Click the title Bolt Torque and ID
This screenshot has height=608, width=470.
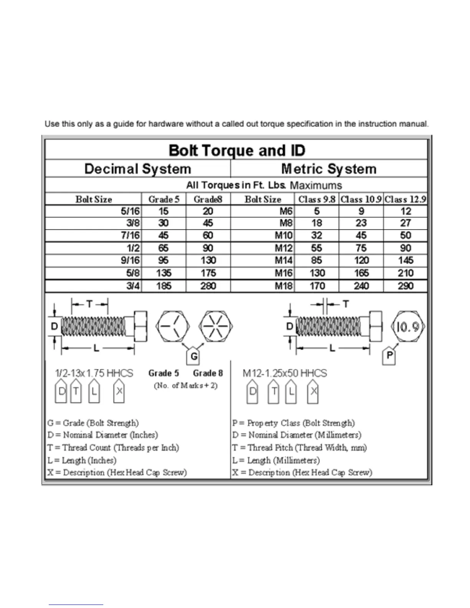click(x=237, y=150)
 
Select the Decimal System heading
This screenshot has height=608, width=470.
click(x=137, y=169)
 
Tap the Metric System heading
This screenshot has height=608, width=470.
click(x=329, y=169)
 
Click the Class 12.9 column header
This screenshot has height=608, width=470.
click(x=405, y=199)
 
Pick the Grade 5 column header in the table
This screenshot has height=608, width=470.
click(x=164, y=199)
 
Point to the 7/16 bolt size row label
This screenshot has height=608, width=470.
click(x=131, y=235)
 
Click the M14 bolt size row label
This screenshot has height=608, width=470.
click(x=283, y=261)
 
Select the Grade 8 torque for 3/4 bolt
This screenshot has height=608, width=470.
click(x=208, y=286)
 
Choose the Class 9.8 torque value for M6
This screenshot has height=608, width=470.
click(x=317, y=211)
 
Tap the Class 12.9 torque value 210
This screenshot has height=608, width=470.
click(x=405, y=273)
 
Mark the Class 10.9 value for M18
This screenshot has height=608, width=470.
click(x=361, y=286)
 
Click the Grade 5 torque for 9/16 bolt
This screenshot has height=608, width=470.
click(x=164, y=261)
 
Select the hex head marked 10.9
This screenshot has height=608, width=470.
click(x=408, y=327)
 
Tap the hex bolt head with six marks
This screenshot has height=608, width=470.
click(x=215, y=327)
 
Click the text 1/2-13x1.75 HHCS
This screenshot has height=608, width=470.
click(x=94, y=373)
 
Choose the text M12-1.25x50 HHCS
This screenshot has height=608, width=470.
click(x=285, y=373)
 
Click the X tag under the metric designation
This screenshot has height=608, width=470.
click(x=313, y=392)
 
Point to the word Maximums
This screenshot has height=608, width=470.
click(x=316, y=185)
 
